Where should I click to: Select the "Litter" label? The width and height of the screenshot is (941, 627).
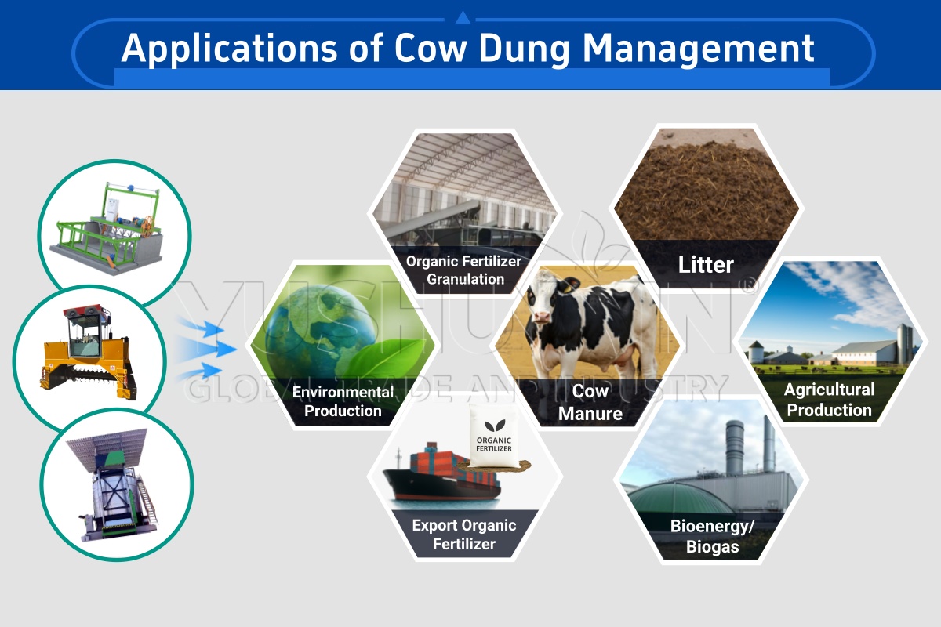706,265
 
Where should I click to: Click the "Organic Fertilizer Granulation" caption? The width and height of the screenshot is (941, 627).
463,270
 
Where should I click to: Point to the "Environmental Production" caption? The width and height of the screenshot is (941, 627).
343,401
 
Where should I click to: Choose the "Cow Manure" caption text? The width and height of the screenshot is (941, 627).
590,402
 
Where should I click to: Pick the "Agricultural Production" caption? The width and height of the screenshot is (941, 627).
830,400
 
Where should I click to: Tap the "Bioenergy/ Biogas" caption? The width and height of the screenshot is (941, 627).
712,537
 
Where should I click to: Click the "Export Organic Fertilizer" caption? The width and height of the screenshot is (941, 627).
464,535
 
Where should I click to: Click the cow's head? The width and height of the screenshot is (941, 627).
544,300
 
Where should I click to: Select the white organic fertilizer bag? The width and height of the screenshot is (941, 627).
494,437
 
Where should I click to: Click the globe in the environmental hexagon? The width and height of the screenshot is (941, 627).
321,331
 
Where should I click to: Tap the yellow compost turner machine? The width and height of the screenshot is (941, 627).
86,353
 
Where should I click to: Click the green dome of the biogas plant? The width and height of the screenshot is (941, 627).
672,498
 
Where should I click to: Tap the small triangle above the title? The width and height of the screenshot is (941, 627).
463,18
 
